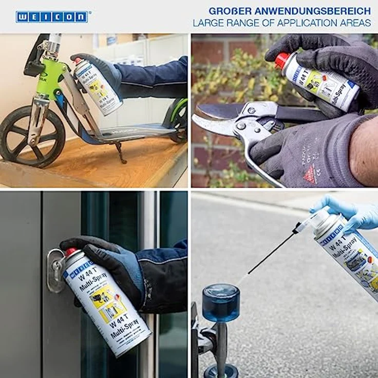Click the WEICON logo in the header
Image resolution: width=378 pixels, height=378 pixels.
point(51,17)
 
